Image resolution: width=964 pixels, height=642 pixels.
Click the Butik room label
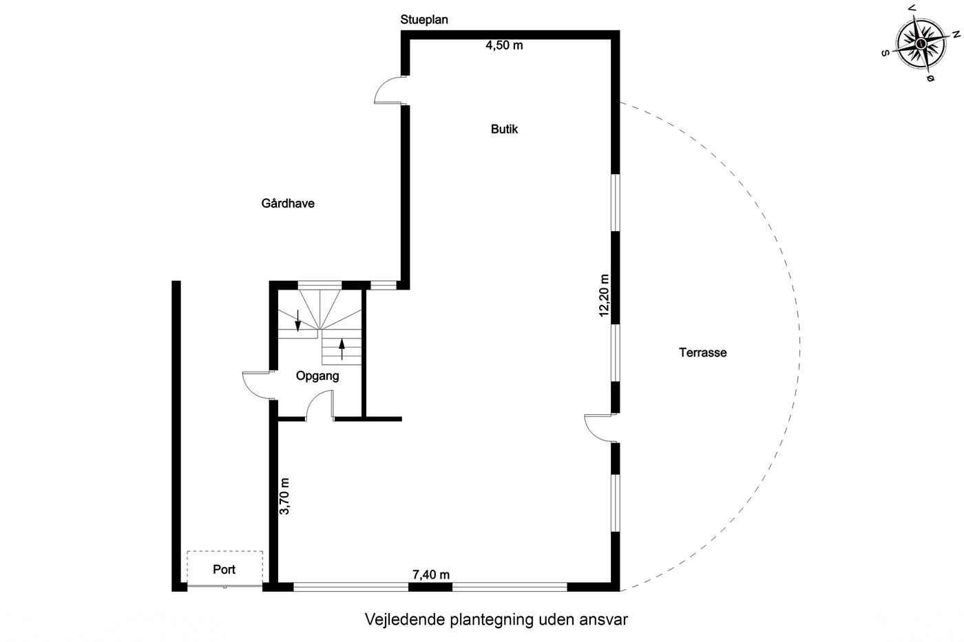pyautogui.click(x=504, y=129)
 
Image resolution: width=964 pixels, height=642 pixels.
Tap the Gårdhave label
pyautogui.click(x=288, y=204)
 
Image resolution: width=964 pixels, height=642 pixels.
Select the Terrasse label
pyautogui.click(x=703, y=352)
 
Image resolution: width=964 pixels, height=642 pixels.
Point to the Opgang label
pyautogui.click(x=317, y=376)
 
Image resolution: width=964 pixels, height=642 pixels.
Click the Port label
pyautogui.click(x=224, y=569)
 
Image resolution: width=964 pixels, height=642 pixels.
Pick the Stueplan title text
pyautogui.click(x=424, y=20)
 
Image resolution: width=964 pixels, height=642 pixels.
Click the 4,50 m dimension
pyautogui.click(x=504, y=45)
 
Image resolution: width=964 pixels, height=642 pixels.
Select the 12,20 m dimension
pyautogui.click(x=605, y=296)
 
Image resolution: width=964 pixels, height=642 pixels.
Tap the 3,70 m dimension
pyautogui.click(x=285, y=496)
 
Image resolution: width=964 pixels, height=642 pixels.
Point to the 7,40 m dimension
pyautogui.click(x=431, y=575)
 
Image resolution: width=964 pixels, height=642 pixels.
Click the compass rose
pyautogui.click(x=921, y=43)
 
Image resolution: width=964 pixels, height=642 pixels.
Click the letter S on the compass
pyautogui.click(x=886, y=53)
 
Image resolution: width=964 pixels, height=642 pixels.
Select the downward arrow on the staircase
pyautogui.click(x=297, y=321)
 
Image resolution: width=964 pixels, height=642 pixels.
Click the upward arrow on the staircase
pyautogui.click(x=342, y=349)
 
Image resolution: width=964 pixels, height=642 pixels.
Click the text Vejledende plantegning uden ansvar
pyautogui.click(x=496, y=620)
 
